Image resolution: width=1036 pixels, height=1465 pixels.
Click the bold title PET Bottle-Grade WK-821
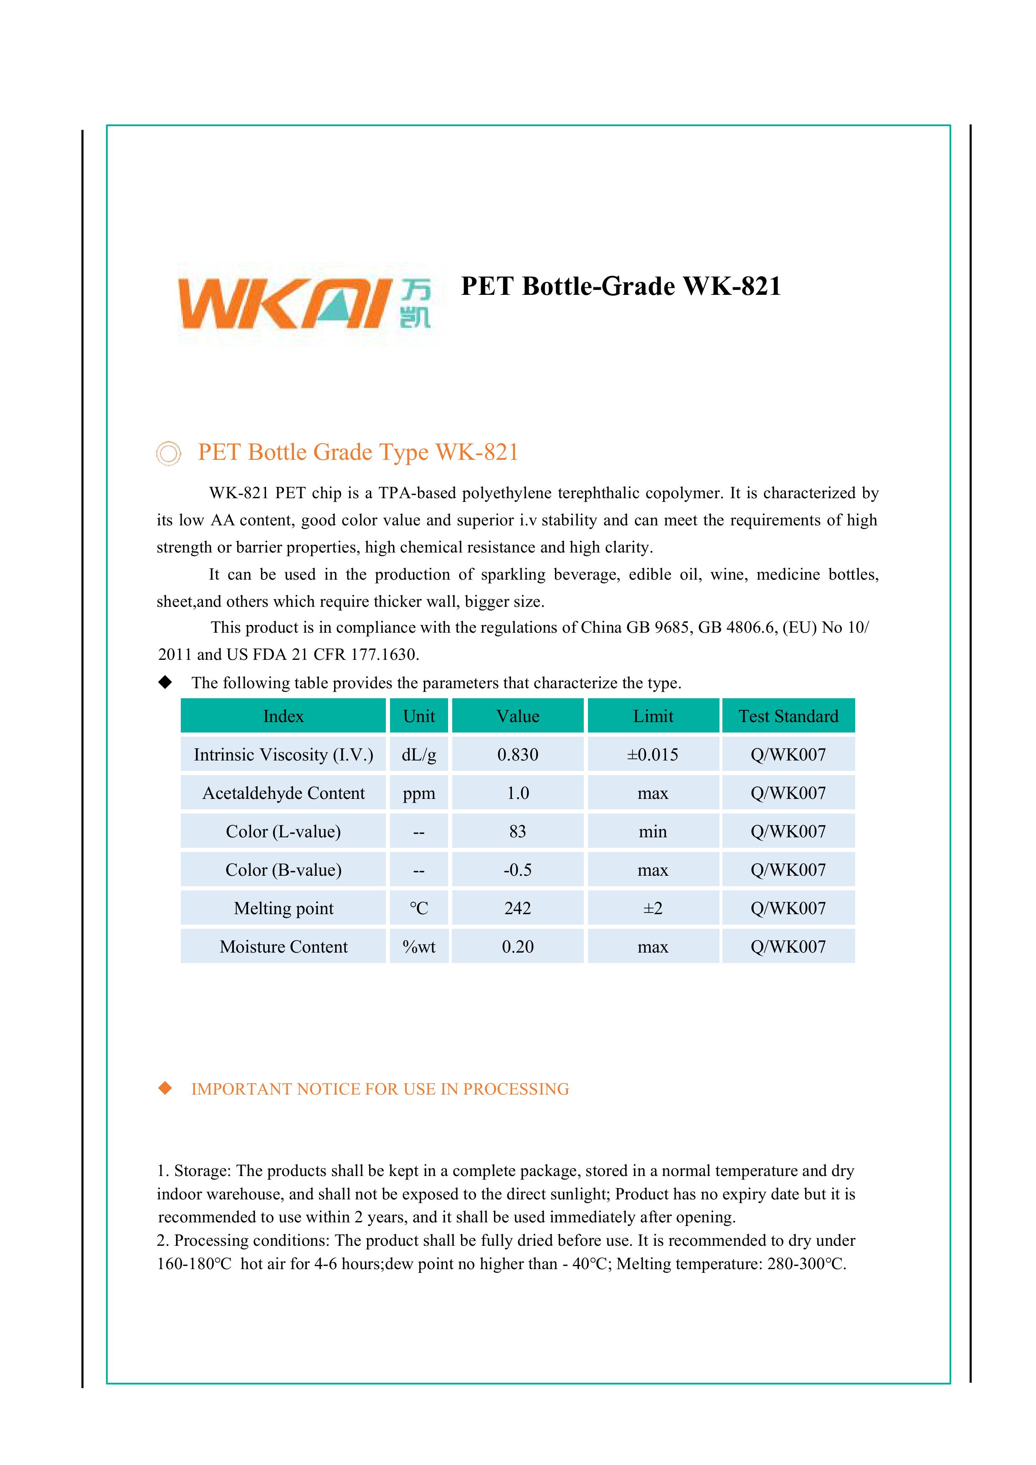(621, 286)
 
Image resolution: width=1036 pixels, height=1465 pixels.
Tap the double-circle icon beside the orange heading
(168, 453)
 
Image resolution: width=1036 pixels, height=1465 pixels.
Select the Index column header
(283, 716)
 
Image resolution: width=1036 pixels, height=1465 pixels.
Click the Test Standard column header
(788, 716)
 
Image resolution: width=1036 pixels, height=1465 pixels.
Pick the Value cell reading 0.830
(517, 755)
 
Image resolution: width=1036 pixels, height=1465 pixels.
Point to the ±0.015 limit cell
(653, 755)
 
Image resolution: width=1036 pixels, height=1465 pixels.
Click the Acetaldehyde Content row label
(283, 793)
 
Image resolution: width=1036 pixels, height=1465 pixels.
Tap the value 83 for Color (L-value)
(517, 831)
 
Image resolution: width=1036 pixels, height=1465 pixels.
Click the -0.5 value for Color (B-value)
(517, 869)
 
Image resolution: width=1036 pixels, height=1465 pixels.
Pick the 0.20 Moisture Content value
(517, 947)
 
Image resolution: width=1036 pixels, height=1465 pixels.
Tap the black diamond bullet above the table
(165, 682)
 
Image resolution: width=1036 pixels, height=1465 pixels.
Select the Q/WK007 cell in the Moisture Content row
(788, 947)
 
